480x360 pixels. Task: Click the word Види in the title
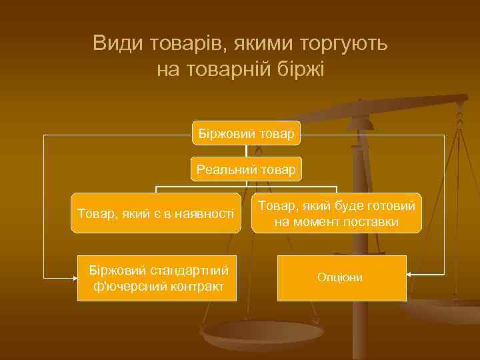click(112, 44)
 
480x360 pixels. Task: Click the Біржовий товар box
click(246, 133)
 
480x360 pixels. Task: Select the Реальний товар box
click(246, 169)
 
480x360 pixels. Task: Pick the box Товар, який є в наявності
click(156, 213)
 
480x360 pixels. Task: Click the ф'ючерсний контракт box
click(157, 278)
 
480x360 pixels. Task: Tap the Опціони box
click(341, 277)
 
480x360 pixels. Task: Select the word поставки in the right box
click(373, 221)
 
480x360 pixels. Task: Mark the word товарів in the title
click(171, 44)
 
